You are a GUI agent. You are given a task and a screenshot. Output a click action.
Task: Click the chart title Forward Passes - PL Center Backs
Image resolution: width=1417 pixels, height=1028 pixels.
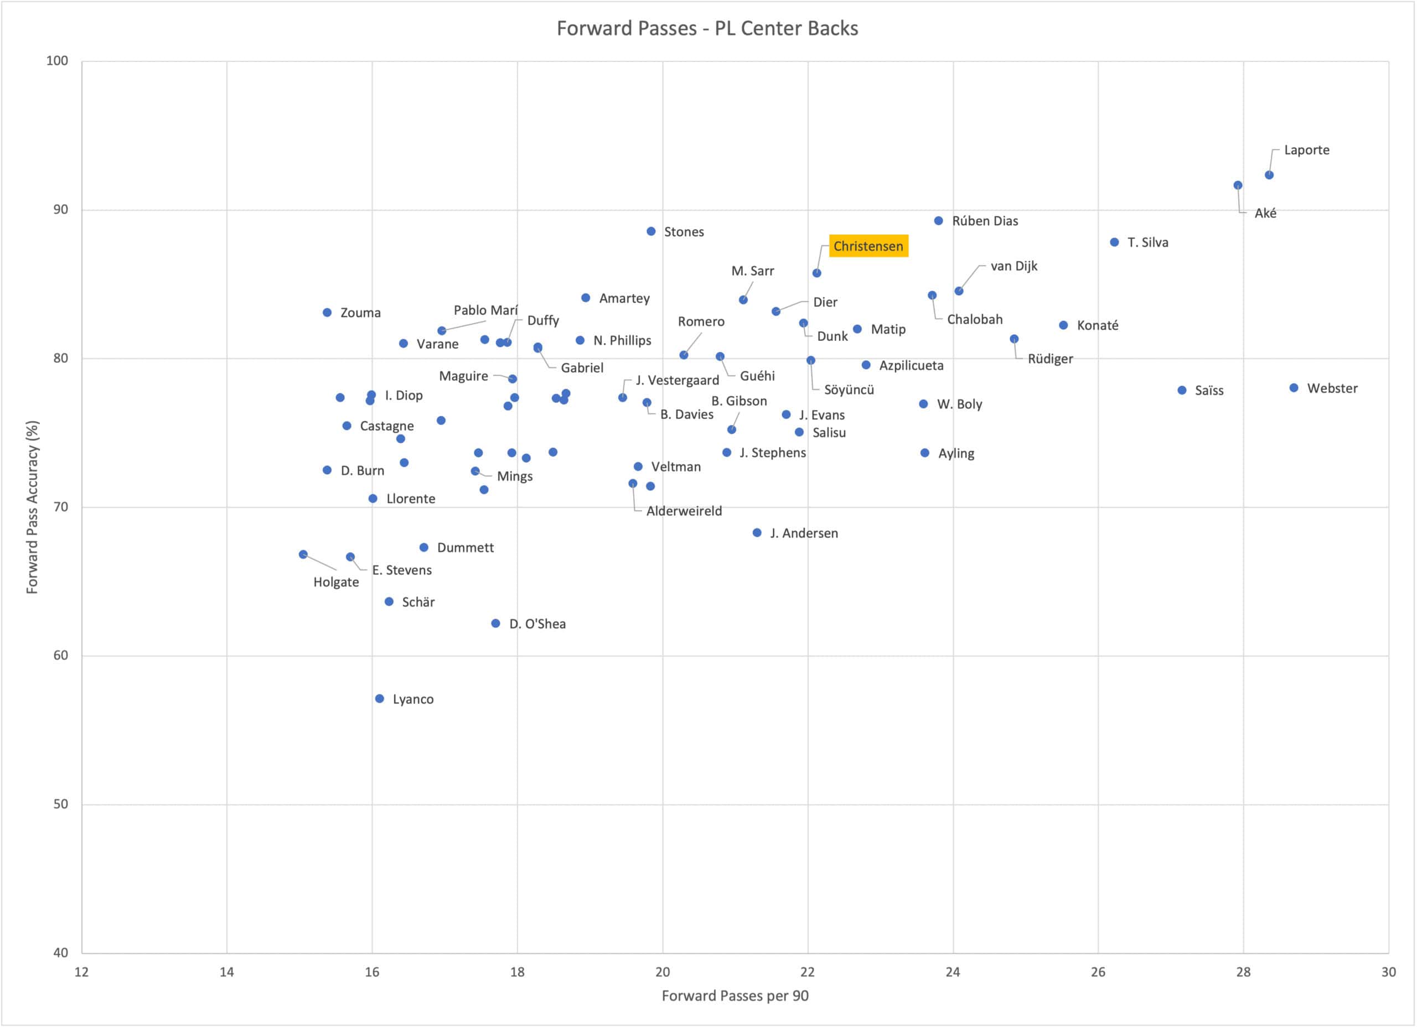[707, 29]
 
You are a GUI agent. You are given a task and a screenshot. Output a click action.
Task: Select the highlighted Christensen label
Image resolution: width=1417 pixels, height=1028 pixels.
[868, 246]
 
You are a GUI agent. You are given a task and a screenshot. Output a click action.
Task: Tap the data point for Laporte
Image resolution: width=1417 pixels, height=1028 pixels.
[1269, 175]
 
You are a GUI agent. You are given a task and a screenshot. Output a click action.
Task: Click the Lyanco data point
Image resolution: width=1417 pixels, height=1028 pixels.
[379, 698]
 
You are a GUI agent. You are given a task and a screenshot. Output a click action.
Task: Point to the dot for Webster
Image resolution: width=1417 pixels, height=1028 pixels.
[1294, 388]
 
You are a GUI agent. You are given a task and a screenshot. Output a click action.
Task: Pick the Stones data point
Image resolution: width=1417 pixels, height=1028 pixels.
[651, 231]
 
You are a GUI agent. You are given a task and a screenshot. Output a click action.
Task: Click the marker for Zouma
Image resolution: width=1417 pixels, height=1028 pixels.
[327, 312]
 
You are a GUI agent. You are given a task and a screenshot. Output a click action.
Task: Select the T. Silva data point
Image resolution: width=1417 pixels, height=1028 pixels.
[1115, 242]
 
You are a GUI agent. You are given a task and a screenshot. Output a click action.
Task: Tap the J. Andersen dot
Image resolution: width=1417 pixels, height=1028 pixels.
[757, 533]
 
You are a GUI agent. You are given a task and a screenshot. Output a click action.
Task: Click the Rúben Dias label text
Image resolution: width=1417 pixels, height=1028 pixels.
[985, 221]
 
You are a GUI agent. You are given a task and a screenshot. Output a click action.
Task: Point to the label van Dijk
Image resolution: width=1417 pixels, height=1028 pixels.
[1013, 266]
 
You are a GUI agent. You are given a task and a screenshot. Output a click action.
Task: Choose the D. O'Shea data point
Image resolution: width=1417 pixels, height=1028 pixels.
[495, 624]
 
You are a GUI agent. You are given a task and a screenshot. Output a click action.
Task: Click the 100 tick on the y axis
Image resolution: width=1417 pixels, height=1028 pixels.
[57, 60]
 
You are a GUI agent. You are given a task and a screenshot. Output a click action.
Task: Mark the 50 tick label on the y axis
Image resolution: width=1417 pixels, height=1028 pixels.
[60, 804]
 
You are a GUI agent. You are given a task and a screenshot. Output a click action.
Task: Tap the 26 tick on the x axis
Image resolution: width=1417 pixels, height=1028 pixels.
[1098, 972]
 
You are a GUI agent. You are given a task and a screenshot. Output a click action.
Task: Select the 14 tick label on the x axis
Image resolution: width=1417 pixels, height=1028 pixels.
[227, 972]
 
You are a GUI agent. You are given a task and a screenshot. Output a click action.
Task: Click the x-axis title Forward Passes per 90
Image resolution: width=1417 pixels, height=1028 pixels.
[735, 995]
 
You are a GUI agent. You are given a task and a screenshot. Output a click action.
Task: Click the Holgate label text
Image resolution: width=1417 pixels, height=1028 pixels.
[336, 582]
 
